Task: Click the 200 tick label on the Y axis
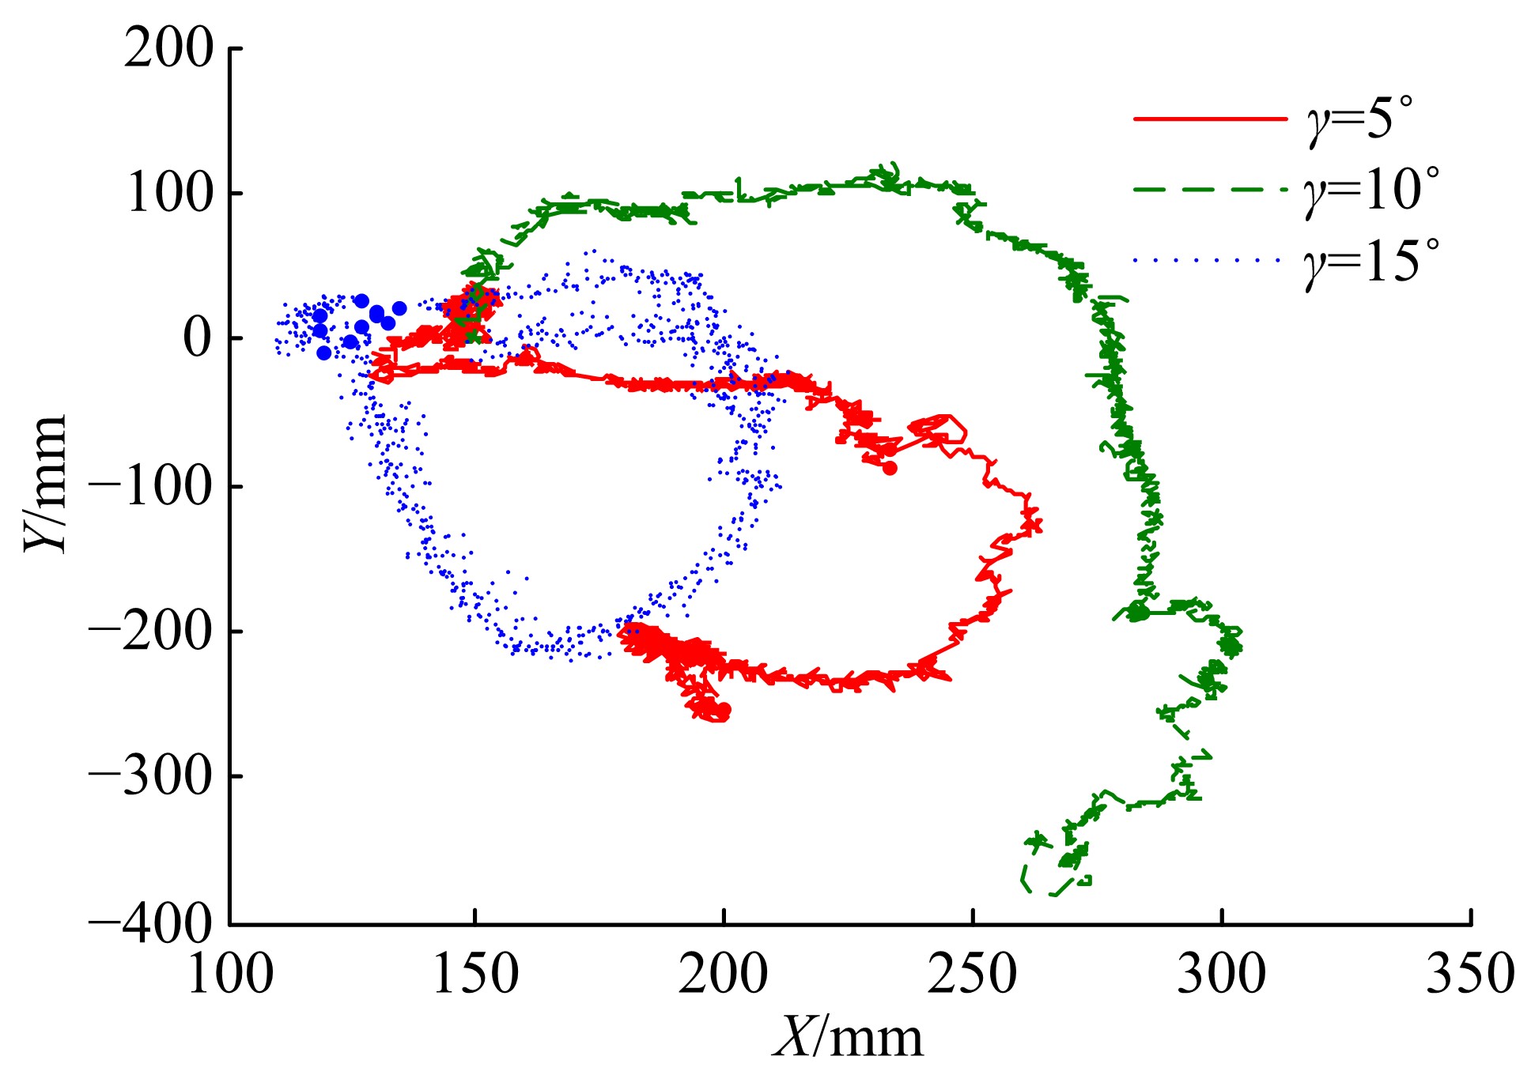(x=168, y=49)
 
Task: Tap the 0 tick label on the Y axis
(x=198, y=339)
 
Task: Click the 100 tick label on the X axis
(x=230, y=974)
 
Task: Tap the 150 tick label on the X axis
(x=475, y=974)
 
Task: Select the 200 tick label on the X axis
(x=723, y=974)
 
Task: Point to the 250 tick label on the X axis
(x=972, y=974)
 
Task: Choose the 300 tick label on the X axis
(x=1221, y=974)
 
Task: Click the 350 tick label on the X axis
(x=1469, y=974)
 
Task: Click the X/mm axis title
(x=849, y=1036)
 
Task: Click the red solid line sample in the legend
(x=1210, y=119)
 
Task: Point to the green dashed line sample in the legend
(x=1210, y=190)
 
